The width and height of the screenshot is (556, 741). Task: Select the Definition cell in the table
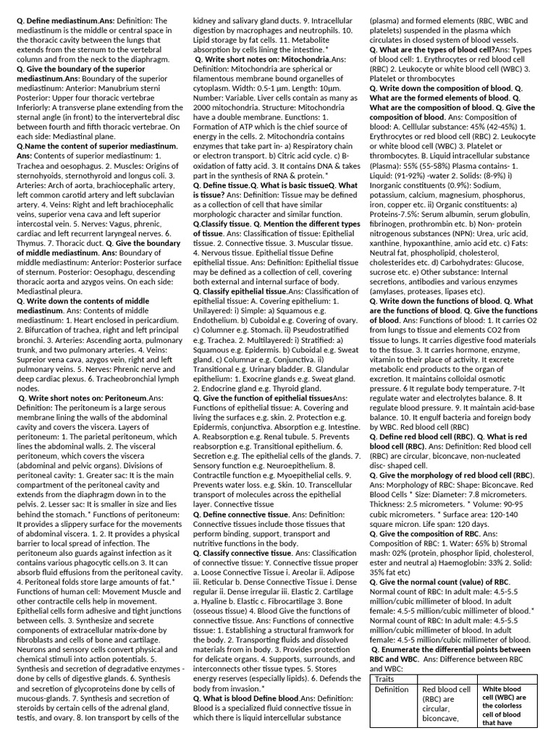(x=392, y=690)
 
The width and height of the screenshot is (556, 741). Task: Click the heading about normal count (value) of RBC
(x=431, y=581)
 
